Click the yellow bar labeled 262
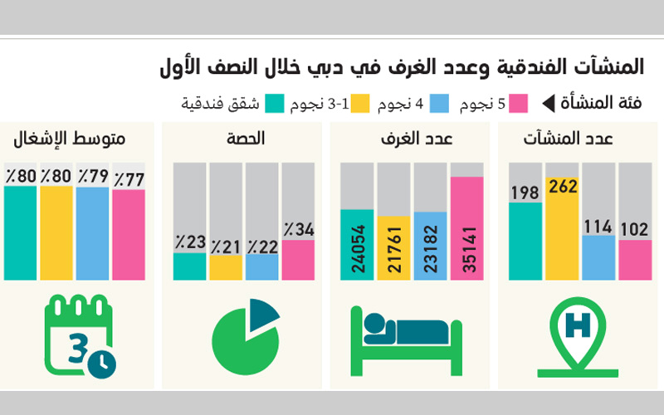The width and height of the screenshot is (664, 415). (x=562, y=232)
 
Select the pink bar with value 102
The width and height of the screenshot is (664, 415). (x=635, y=259)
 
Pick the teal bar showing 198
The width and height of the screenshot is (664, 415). (x=525, y=241)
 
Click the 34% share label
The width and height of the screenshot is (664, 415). (x=298, y=230)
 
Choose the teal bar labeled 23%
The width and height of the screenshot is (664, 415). (x=189, y=266)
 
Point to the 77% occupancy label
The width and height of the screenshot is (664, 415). (x=129, y=178)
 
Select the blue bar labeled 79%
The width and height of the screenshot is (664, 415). (x=92, y=232)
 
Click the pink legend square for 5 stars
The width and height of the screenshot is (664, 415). (x=520, y=104)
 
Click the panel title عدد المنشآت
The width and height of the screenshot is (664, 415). (x=580, y=138)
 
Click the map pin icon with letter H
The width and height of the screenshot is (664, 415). (x=577, y=339)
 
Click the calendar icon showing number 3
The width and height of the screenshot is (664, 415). (x=79, y=337)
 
